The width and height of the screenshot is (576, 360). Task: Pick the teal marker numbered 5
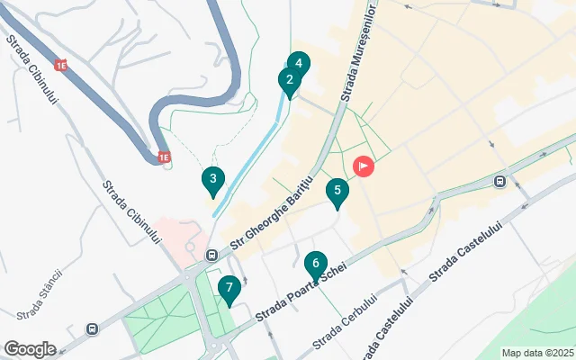coord(337,192)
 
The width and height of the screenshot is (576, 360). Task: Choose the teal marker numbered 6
coord(315,265)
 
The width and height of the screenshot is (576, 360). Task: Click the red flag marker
coord(364,166)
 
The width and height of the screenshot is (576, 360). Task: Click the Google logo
coord(30,349)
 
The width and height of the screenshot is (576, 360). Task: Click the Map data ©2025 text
coord(537,353)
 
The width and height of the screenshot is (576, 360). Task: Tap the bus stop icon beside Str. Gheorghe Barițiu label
coord(211,255)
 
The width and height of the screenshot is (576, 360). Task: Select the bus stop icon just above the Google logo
coord(93,328)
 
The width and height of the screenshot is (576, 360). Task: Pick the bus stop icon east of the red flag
coord(499,181)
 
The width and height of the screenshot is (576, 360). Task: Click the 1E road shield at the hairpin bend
coord(164,157)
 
